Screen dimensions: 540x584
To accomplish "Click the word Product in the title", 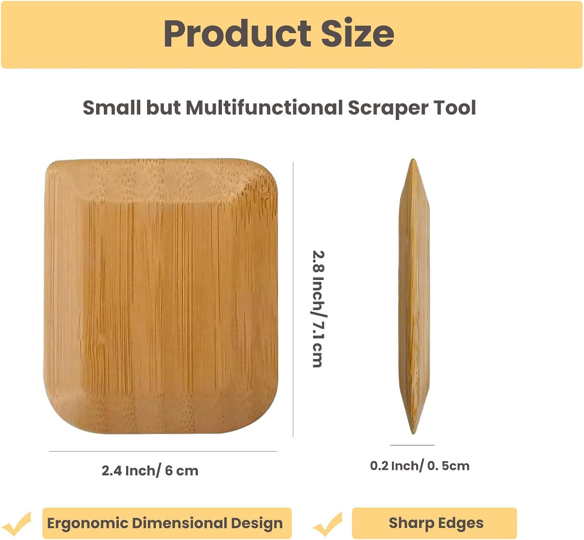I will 237,34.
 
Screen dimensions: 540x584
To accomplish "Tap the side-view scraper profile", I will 413,296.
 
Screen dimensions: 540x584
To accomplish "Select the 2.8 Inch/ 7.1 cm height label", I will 318,309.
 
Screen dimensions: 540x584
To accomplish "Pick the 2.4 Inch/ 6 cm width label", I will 150,471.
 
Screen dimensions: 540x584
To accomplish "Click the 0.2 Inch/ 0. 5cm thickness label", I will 420,466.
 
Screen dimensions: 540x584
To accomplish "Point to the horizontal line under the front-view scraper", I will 163,451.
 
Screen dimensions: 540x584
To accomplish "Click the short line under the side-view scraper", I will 412,445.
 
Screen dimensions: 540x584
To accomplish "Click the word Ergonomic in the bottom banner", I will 87,523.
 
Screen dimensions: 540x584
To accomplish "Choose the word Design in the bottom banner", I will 257,523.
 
